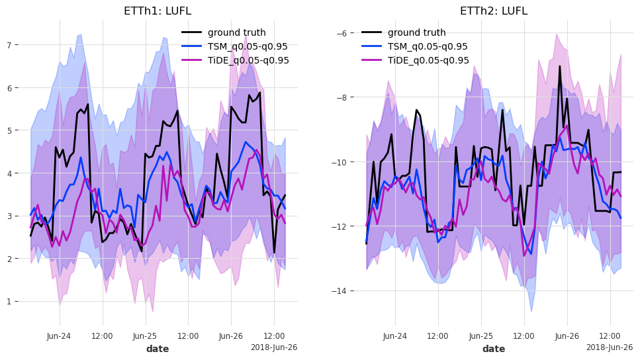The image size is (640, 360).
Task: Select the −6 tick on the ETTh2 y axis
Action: pyautogui.click(x=348, y=33)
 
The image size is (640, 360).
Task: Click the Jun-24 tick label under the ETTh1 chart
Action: pyautogui.click(x=59, y=336)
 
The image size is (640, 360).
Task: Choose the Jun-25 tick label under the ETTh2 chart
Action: pyautogui.click(x=481, y=336)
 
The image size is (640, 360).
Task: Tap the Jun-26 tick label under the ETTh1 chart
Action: pyautogui.click(x=231, y=336)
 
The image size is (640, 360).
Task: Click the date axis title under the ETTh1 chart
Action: pyautogui.click(x=158, y=349)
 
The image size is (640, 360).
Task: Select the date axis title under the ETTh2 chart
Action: pyautogui.click(x=494, y=349)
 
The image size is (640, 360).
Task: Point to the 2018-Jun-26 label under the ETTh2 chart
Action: pyautogui.click(x=609, y=347)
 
